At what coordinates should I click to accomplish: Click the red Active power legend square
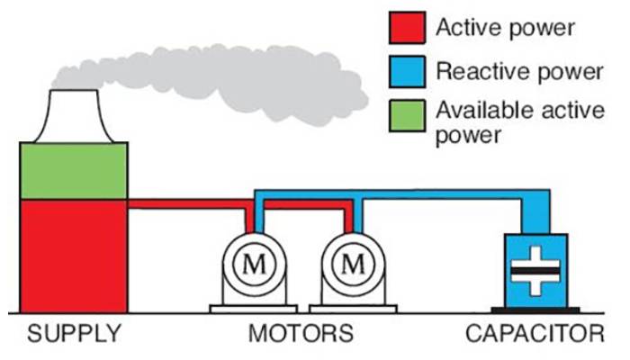[x=404, y=28]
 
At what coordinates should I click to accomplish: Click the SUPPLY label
[x=73, y=335]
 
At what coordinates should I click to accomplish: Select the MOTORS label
[x=301, y=335]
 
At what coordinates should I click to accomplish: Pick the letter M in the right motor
[x=352, y=265]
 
